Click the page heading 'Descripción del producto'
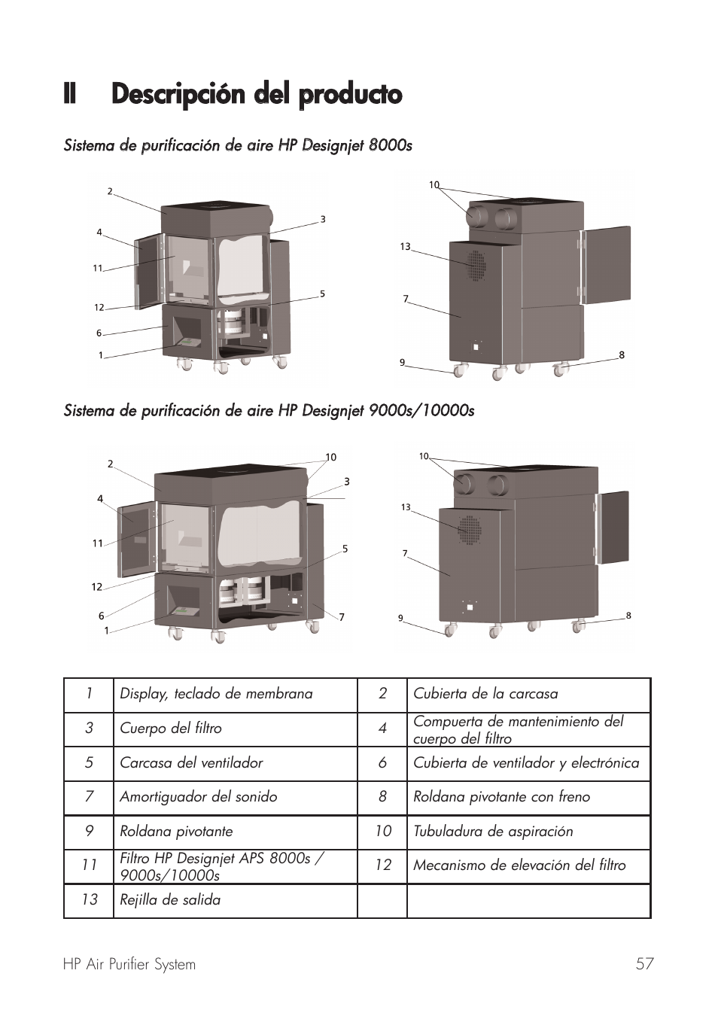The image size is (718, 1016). point(256,95)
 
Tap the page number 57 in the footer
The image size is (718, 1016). point(644,964)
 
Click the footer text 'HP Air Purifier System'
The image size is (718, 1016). point(129,965)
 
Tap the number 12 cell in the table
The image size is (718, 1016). point(382,865)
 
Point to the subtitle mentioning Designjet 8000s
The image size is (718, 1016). point(238,145)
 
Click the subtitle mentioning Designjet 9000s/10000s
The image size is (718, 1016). point(269,411)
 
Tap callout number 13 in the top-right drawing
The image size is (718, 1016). point(405,247)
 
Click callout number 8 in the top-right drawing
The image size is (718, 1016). point(622,355)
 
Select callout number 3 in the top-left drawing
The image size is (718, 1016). point(323,220)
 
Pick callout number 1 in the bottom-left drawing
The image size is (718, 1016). point(107,631)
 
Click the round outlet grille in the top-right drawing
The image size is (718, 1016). point(475,265)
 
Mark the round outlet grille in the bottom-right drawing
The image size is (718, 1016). point(470,530)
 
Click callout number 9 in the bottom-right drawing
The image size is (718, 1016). point(400,619)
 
